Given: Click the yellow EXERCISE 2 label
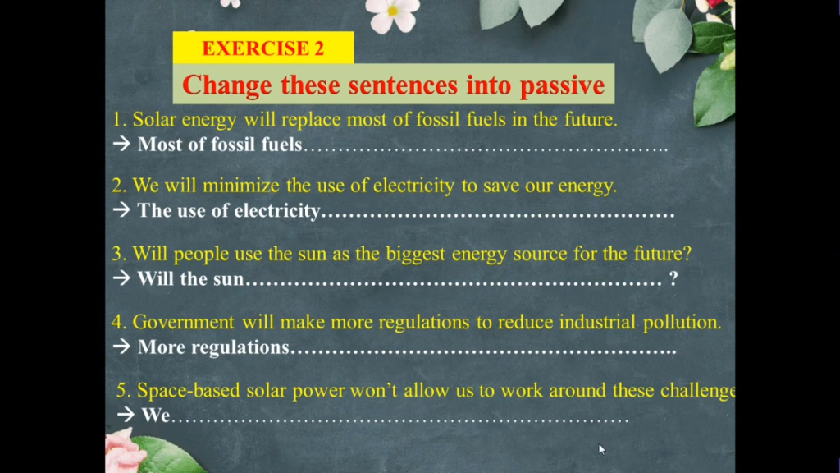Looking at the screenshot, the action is (x=263, y=48).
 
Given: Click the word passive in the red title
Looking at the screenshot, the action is (x=563, y=85).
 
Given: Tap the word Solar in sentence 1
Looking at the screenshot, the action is (x=154, y=119).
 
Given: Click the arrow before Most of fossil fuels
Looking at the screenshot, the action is (x=121, y=143).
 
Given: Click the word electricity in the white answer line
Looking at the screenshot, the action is (x=277, y=211).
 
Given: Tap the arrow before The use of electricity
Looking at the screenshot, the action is (x=121, y=209).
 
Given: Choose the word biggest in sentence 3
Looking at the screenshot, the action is (x=416, y=255).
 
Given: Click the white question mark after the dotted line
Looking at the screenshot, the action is (x=673, y=278).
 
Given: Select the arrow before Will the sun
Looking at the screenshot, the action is (x=121, y=278).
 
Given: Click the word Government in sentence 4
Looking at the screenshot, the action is (x=183, y=322).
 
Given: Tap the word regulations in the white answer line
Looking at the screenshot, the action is (x=240, y=347).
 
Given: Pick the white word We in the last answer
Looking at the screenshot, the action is (x=155, y=415).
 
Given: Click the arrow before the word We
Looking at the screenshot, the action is (x=126, y=415).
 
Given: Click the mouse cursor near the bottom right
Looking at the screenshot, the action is (x=601, y=449).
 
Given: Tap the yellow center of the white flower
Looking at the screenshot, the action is (x=393, y=11).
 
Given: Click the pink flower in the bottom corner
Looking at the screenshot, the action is (x=125, y=453).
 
